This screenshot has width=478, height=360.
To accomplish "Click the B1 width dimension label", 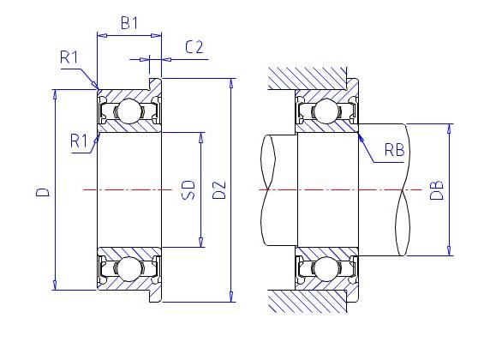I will [129, 23].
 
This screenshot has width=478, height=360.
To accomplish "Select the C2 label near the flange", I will [194, 47].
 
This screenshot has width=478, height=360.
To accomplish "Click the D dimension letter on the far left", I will [40, 195].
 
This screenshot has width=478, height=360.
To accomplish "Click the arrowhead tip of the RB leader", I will [358, 129].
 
